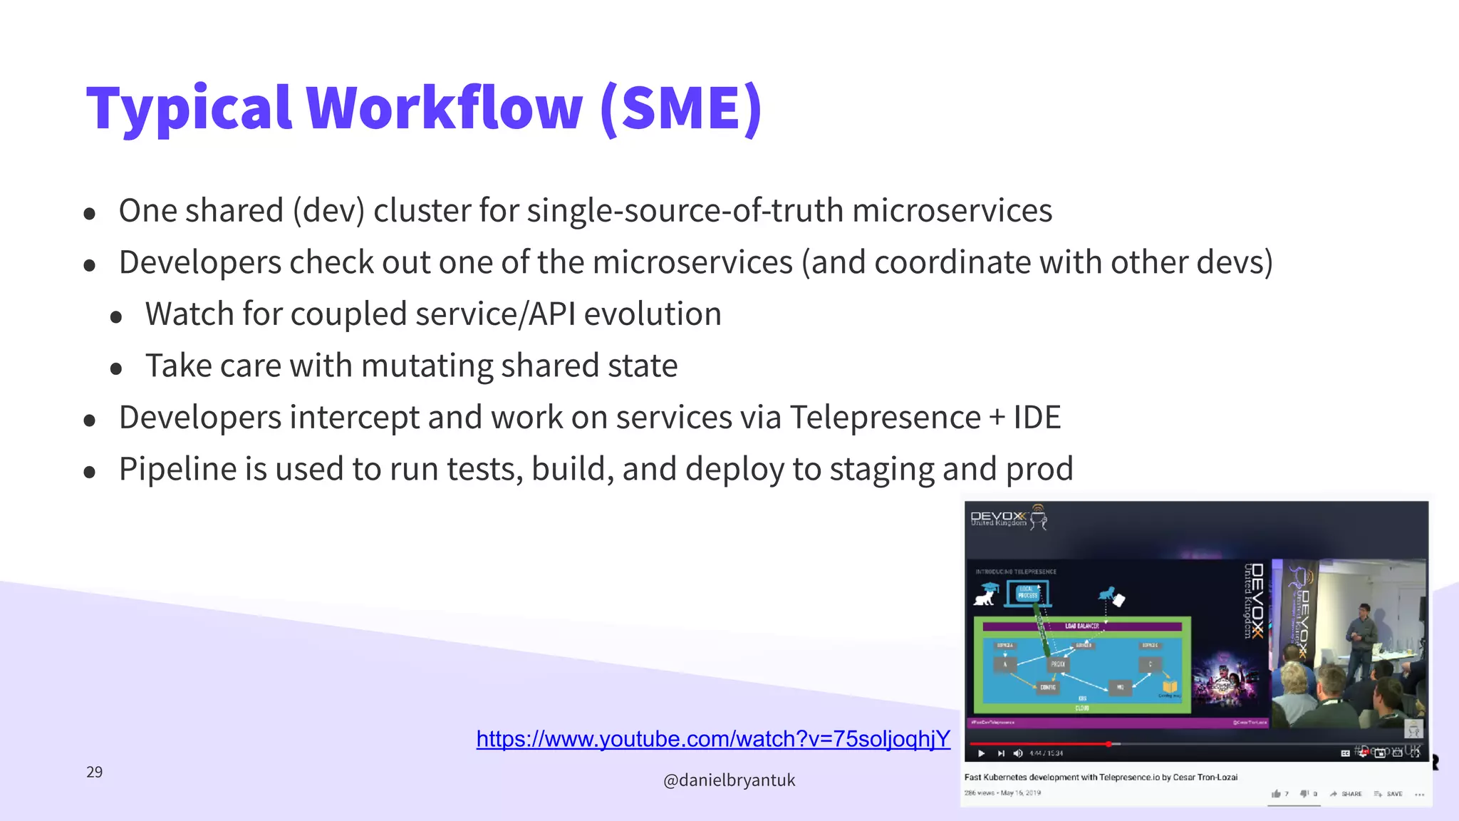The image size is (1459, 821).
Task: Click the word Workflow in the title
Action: click(x=445, y=108)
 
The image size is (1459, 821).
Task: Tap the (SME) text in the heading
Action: click(x=681, y=108)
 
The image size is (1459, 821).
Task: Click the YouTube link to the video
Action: click(x=713, y=739)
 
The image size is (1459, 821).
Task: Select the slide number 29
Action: click(x=94, y=772)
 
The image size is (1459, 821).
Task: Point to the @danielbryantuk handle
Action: click(x=729, y=780)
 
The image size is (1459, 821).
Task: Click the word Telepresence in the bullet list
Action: click(x=885, y=418)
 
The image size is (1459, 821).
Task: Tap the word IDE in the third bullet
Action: click(x=1037, y=418)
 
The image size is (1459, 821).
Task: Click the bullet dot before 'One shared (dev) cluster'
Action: click(x=90, y=213)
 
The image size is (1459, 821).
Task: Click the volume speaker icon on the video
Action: click(x=1017, y=753)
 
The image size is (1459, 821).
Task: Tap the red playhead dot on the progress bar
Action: click(x=1108, y=744)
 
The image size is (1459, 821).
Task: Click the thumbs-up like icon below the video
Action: click(x=1276, y=793)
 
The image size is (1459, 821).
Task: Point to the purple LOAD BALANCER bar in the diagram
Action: click(x=1081, y=626)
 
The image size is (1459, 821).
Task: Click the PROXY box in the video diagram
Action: click(x=1058, y=663)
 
